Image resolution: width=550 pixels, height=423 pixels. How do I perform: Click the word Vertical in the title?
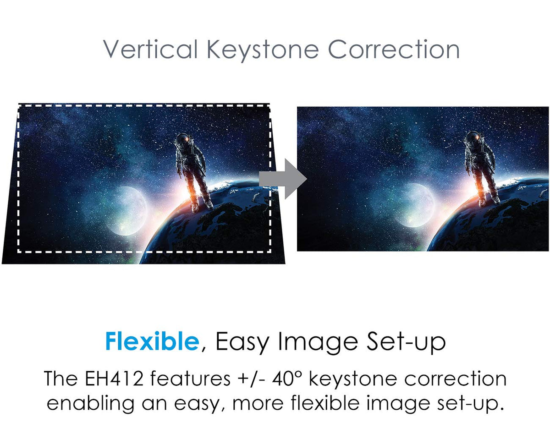coord(150,49)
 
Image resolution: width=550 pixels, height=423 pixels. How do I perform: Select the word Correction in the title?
coord(394,49)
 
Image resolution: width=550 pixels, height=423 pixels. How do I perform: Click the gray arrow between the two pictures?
coord(283,179)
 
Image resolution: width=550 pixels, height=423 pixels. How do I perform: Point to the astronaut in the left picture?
coord(193,172)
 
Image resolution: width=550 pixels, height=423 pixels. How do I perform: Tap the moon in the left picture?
coord(126,210)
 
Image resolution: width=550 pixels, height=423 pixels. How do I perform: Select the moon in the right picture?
coord(414,205)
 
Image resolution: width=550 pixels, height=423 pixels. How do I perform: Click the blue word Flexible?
coord(152,341)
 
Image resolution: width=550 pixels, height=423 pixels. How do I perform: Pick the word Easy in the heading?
coord(242,343)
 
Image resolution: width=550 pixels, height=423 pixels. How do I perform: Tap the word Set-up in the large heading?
coord(406,343)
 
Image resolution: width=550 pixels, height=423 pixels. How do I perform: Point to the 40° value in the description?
coord(287,379)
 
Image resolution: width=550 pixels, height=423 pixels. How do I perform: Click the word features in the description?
coord(190,379)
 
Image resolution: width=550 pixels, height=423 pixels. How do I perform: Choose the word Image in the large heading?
coord(318,343)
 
